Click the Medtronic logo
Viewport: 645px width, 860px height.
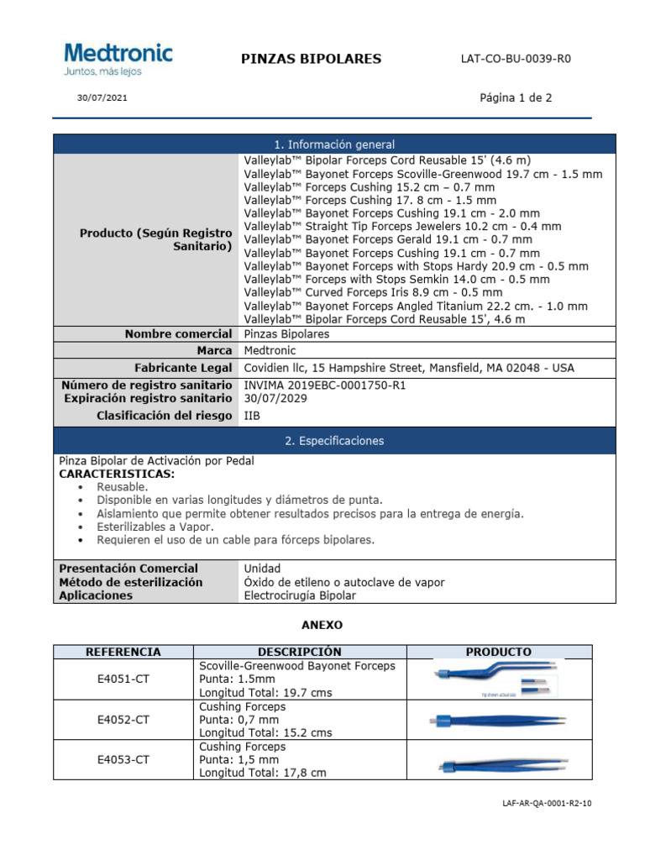coord(118,59)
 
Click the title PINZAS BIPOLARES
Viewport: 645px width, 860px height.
coord(311,59)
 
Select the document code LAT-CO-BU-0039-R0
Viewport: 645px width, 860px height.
coord(521,59)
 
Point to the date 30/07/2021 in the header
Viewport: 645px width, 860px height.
coord(102,97)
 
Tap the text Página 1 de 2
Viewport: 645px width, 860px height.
coord(516,97)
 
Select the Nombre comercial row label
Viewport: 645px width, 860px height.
coord(178,334)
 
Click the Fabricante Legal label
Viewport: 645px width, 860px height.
coord(183,368)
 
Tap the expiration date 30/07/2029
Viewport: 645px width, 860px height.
coord(275,399)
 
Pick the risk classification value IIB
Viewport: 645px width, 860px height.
coord(252,416)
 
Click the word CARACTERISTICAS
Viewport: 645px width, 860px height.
coord(117,474)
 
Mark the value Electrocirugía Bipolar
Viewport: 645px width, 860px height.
coord(300,595)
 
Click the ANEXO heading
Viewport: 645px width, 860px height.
coord(322,626)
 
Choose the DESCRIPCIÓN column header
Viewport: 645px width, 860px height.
coord(300,652)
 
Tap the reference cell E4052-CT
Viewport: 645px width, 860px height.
coord(123,720)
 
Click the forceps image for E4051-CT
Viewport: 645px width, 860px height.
coord(499,679)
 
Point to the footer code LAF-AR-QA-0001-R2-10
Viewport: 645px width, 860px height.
coord(546,804)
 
